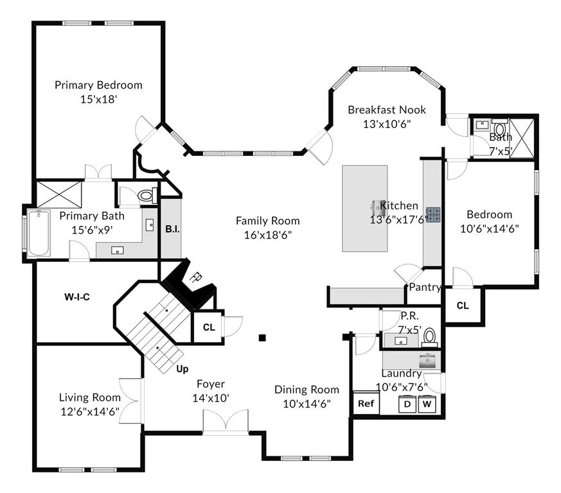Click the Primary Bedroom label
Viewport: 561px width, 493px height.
98,85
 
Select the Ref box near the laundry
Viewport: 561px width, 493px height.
366,404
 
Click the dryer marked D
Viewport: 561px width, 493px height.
407,404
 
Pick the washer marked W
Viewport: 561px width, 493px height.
427,404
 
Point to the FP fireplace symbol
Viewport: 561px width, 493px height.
194,279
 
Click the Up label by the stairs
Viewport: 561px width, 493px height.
183,369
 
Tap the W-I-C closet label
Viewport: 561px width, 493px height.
76,297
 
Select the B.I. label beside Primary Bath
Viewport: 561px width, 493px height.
172,229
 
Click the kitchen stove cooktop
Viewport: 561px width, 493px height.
432,214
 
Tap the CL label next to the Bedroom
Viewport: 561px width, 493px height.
463,306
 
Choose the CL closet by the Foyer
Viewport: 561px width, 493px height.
208,327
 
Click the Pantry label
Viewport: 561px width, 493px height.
425,287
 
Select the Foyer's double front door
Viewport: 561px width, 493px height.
226,423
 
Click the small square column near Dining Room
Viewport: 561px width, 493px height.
262,337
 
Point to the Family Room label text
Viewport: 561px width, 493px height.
267,221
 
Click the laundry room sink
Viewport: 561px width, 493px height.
428,360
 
